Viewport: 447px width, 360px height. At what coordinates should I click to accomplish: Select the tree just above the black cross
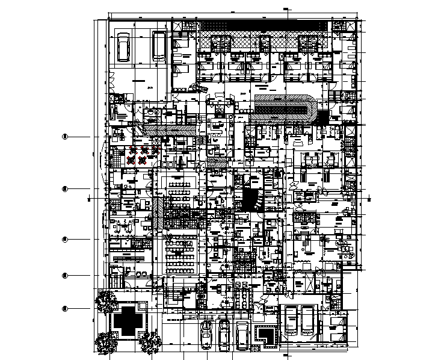pyautogui.click(x=106, y=299)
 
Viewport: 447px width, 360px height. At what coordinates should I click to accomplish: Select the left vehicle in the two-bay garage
pyautogui.click(x=291, y=320)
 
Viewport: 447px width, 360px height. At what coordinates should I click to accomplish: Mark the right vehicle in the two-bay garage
pyautogui.click(x=309, y=320)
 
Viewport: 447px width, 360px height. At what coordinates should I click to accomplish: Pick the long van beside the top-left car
pyautogui.click(x=159, y=45)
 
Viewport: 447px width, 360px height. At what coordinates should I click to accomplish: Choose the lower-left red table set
pyautogui.click(x=132, y=160)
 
